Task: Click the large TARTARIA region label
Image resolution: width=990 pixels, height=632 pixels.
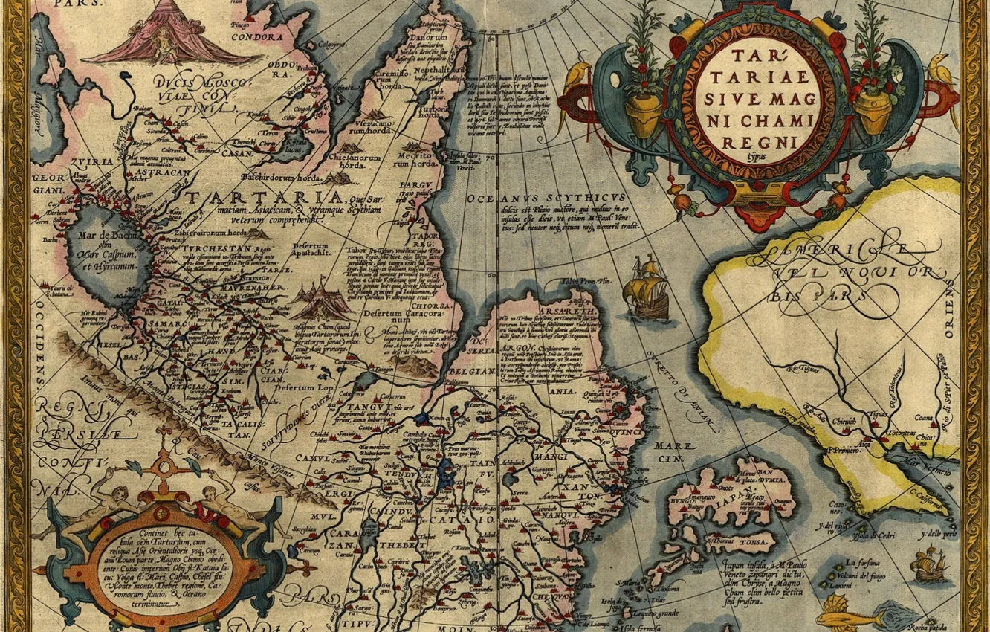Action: (264, 199)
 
